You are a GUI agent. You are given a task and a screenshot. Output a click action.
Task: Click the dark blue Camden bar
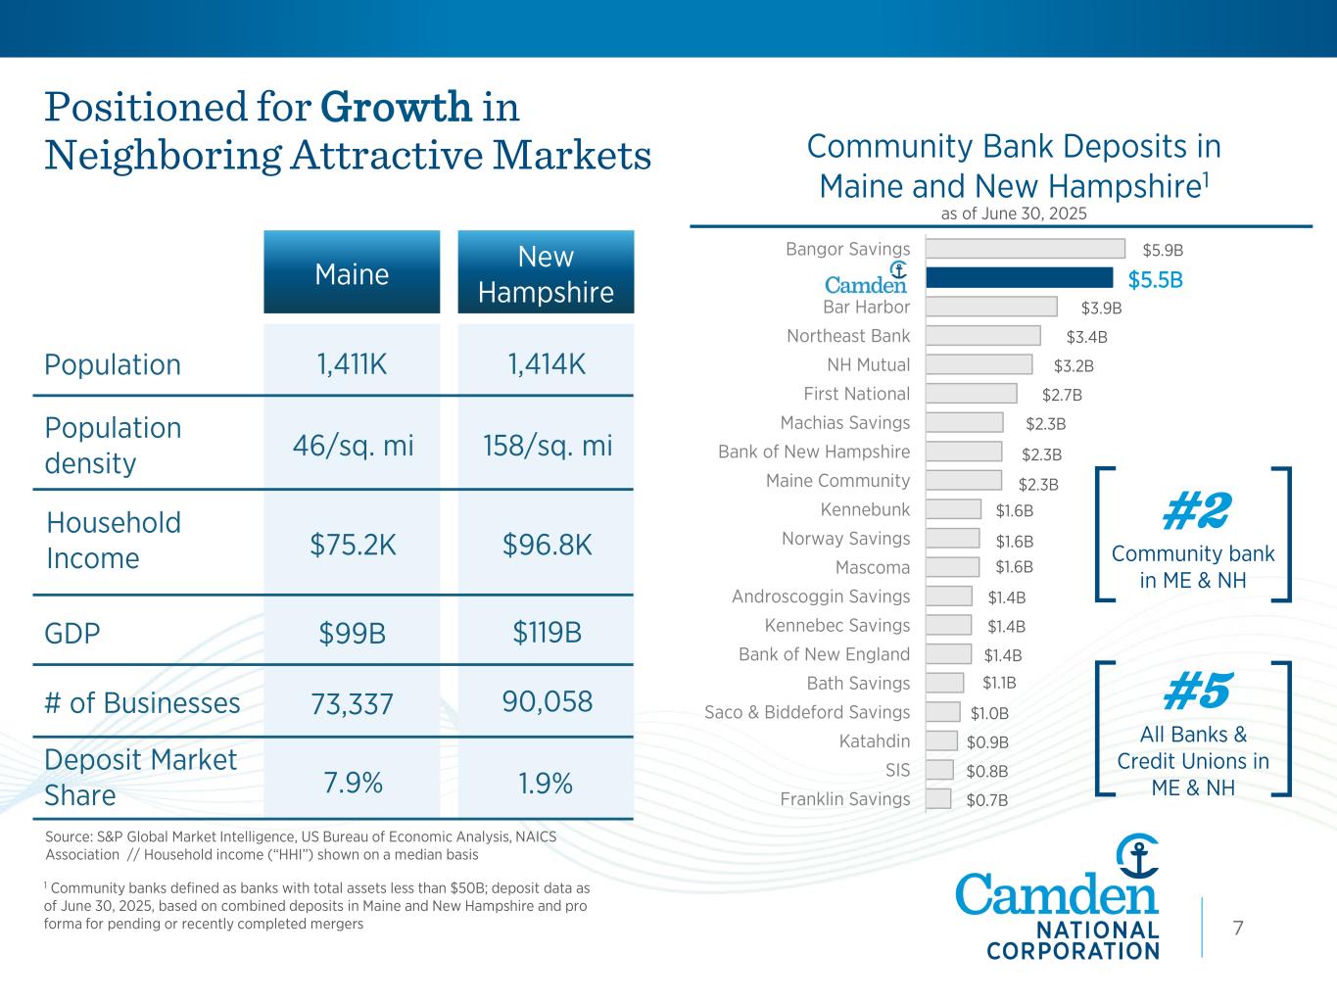1019,278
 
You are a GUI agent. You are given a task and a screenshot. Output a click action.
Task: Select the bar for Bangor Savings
1025,249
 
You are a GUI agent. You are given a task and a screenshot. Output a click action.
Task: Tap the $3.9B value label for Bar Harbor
1101,308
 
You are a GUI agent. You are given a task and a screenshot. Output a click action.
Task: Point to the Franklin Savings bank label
845,799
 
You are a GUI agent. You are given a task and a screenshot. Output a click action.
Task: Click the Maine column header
352,273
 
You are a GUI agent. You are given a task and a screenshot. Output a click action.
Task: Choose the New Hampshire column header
546,273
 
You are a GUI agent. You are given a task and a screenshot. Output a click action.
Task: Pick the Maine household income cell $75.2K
353,545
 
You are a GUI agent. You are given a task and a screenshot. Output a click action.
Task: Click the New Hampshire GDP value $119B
547,633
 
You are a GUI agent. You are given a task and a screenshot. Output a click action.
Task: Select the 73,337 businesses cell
352,703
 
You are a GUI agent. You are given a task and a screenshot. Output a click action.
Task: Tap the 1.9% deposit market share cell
546,784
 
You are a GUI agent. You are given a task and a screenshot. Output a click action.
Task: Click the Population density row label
113,445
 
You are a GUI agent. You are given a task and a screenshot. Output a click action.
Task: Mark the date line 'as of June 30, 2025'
1013,214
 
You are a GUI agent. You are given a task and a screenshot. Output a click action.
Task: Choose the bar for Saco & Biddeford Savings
942,712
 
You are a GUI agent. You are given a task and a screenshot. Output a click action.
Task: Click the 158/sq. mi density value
547,446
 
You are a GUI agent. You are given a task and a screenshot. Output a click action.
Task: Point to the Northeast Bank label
848,336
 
